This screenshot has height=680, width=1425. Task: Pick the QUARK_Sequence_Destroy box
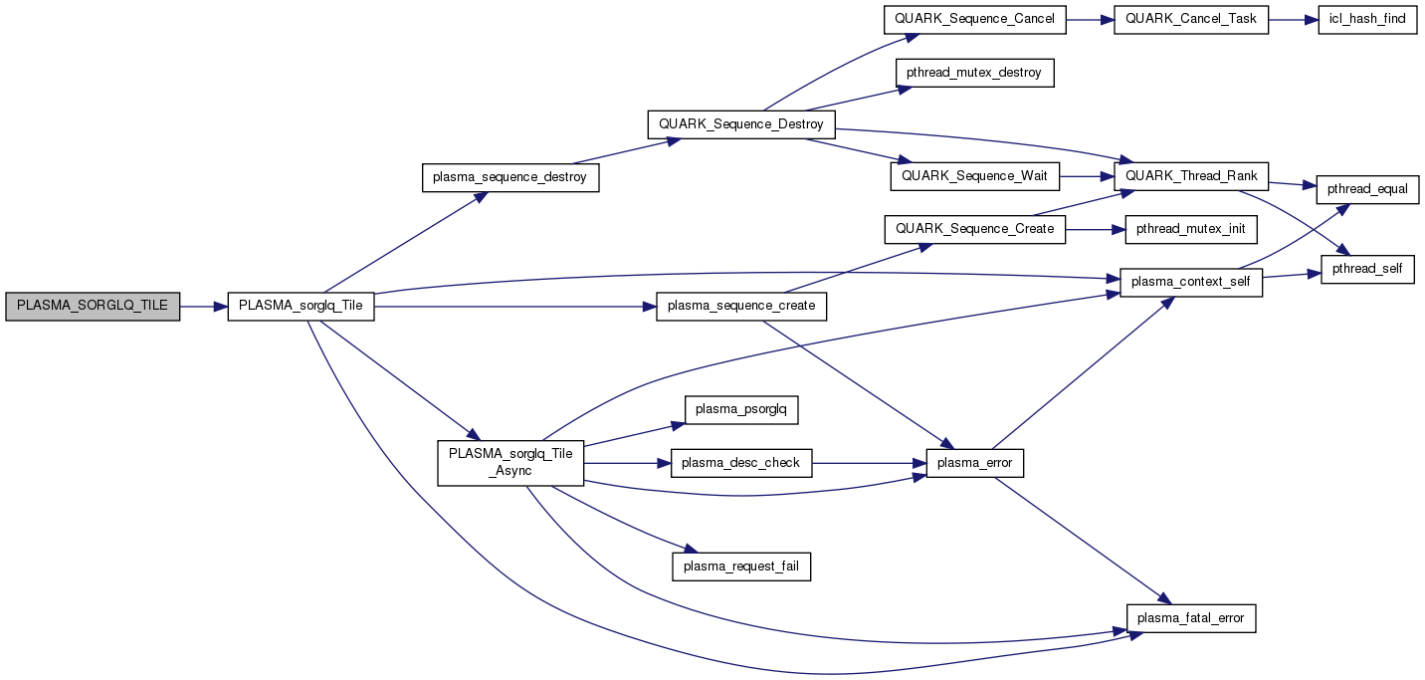pyautogui.click(x=741, y=124)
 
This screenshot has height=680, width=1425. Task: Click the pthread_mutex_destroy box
pyautogui.click(x=974, y=73)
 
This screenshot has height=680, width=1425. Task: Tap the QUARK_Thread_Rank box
pyautogui.click(x=1191, y=176)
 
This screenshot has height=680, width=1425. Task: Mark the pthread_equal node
pyautogui.click(x=1367, y=188)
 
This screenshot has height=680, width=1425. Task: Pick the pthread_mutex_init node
pyautogui.click(x=1190, y=228)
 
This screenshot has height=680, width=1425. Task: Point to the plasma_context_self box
pyautogui.click(x=1191, y=282)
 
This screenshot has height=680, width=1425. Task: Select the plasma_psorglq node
pyautogui.click(x=741, y=409)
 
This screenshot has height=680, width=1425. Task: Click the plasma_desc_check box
pyautogui.click(x=741, y=463)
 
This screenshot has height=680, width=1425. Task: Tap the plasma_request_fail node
pyautogui.click(x=741, y=567)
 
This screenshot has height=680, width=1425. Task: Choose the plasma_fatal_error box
pyautogui.click(x=1191, y=618)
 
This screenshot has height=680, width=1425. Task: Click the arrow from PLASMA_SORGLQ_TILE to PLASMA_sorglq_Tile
pyautogui.click(x=204, y=308)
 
